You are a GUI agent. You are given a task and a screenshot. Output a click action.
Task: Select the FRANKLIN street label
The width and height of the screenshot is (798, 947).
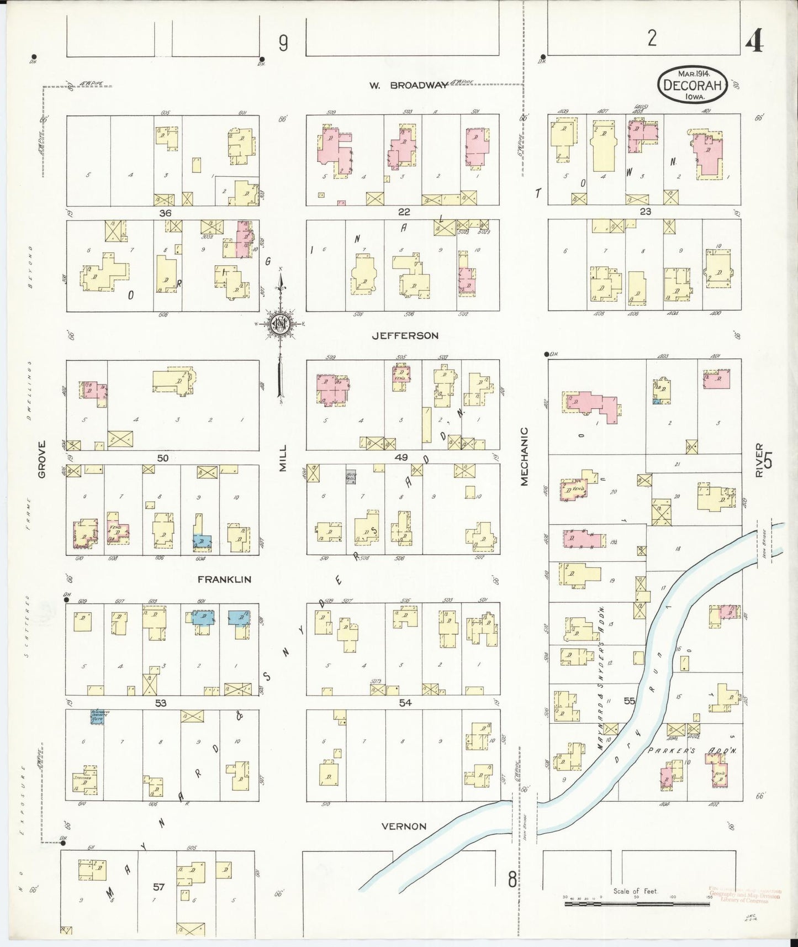225,580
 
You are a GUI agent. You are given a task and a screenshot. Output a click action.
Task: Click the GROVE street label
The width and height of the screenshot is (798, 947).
42,459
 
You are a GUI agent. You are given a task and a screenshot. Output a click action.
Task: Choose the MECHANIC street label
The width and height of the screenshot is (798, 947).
524,456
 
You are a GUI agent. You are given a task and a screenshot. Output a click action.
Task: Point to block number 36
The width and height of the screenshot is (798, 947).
165,213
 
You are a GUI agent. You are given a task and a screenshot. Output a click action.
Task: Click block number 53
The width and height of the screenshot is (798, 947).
161,703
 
